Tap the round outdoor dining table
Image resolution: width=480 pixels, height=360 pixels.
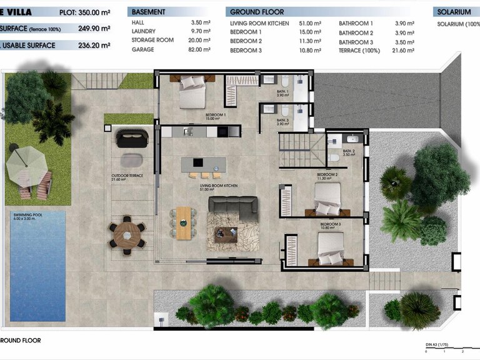[127, 234]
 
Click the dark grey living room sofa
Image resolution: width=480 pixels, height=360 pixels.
[232, 206]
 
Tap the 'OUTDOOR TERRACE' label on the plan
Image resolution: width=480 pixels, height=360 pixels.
[127, 176]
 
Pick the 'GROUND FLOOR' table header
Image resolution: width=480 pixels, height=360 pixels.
[257, 12]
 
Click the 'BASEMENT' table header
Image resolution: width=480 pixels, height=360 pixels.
[149, 12]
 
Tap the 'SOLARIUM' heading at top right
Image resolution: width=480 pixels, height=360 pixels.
[454, 12]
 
